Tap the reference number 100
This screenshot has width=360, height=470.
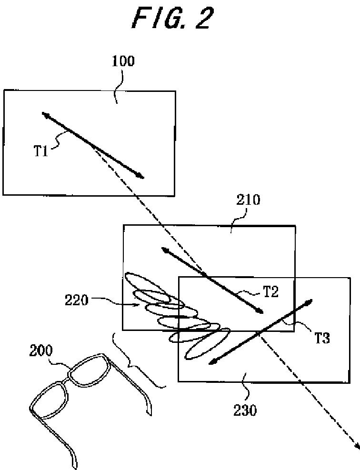(123, 61)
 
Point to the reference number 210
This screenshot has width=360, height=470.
(248, 200)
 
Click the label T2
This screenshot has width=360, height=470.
(270, 292)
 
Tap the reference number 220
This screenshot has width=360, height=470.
(76, 300)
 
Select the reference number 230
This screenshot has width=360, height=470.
(245, 409)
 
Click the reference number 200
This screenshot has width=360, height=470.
(41, 351)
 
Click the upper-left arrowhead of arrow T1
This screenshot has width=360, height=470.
(43, 114)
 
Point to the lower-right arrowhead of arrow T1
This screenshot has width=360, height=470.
(141, 177)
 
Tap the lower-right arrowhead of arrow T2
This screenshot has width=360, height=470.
(261, 312)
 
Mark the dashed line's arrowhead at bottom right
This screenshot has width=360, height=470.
(357, 448)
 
